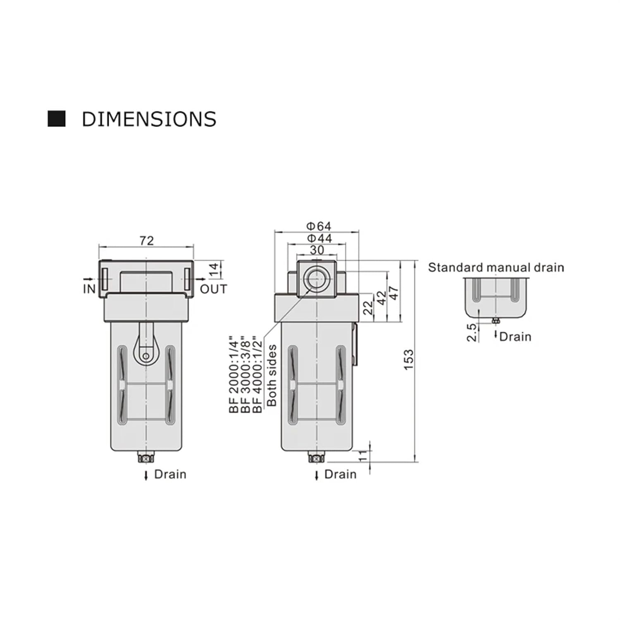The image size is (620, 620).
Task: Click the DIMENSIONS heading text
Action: point(149,119)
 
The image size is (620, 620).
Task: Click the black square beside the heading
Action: point(57,119)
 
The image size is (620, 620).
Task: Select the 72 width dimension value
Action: point(146,241)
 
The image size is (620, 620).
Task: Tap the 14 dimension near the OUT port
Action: point(214,269)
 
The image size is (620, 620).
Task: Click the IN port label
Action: point(89,289)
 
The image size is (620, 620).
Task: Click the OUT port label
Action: point(213,289)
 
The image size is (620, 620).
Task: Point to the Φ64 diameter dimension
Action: point(318,226)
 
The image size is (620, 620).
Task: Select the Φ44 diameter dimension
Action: point(319,238)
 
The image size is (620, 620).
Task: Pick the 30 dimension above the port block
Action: point(317,250)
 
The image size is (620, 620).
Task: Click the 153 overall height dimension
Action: point(408,360)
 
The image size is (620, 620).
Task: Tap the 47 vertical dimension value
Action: point(394,293)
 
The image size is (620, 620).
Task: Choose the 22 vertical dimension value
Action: point(368,307)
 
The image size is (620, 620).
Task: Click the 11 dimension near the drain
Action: point(362,456)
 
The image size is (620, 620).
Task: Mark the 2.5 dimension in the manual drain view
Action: point(472,332)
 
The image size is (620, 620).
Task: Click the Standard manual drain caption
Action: point(496,267)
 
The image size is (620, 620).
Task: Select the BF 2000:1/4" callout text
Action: point(234,374)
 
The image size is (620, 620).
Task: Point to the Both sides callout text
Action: point(272,375)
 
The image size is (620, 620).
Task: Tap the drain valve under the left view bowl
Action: point(145,458)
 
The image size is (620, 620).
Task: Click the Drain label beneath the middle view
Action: point(340,474)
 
